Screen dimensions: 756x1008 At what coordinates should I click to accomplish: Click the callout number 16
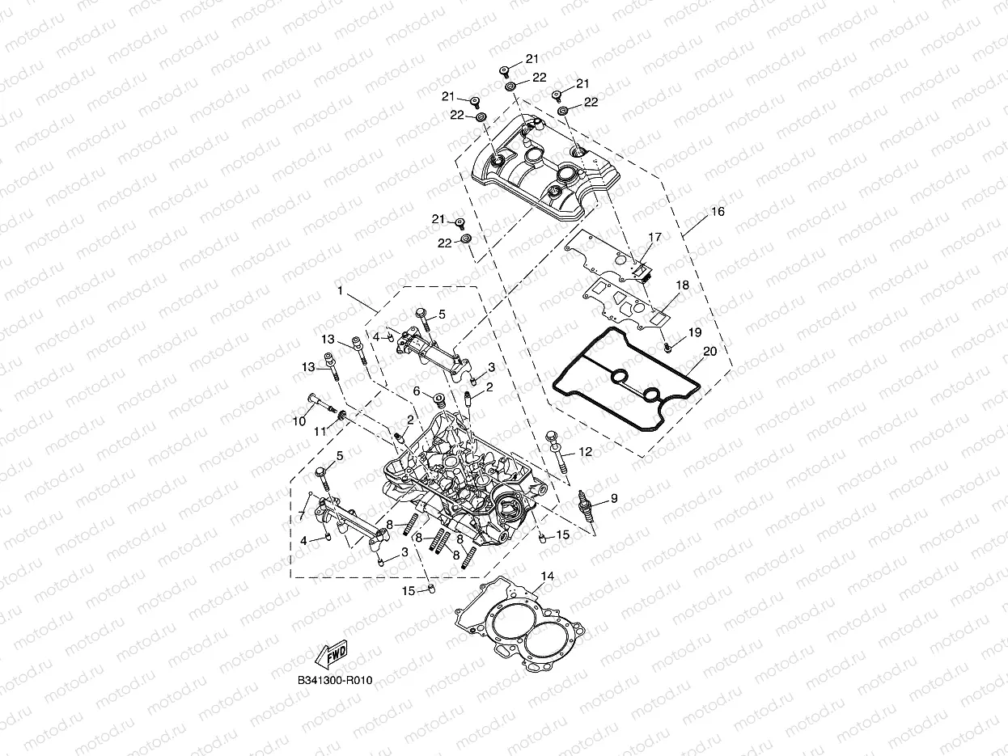[x=718, y=212]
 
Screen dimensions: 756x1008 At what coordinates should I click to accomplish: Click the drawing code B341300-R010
[x=334, y=681]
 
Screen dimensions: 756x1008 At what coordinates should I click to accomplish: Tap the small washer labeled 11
[x=342, y=416]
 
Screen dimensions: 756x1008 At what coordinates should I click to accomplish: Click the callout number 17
[x=654, y=237]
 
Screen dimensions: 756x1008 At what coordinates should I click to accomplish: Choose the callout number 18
[x=682, y=285]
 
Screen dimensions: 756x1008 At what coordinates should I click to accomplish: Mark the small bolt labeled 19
[x=667, y=347]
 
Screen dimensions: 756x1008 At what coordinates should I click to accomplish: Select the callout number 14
[x=548, y=577]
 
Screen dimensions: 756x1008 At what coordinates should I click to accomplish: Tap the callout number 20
[x=709, y=352]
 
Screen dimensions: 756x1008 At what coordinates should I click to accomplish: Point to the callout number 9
[x=613, y=499]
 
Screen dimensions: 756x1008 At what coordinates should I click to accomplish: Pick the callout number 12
[x=585, y=452]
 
